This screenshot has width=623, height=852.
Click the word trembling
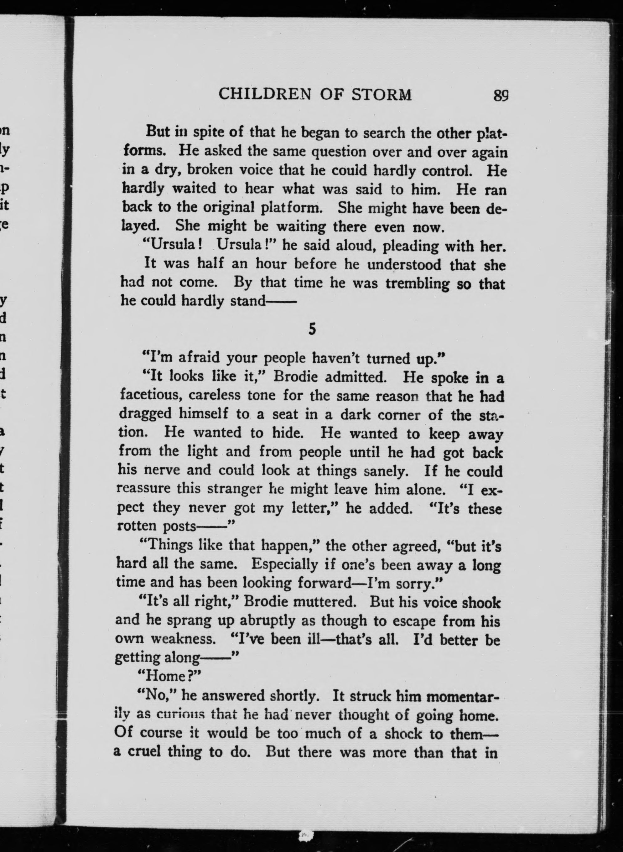coord(418,283)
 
